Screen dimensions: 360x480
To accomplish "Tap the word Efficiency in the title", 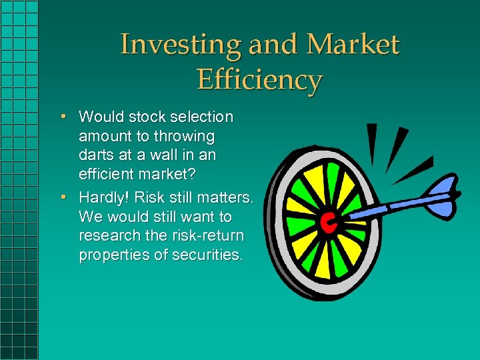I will tap(259, 80).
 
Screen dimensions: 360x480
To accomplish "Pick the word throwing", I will tap(184, 137).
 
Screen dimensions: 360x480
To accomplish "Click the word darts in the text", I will tap(95, 157).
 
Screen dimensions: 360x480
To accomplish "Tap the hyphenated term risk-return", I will tap(207, 237).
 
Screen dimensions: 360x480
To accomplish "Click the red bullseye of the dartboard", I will tap(327, 223).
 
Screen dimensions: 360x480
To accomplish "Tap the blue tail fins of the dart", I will tap(443, 201).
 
